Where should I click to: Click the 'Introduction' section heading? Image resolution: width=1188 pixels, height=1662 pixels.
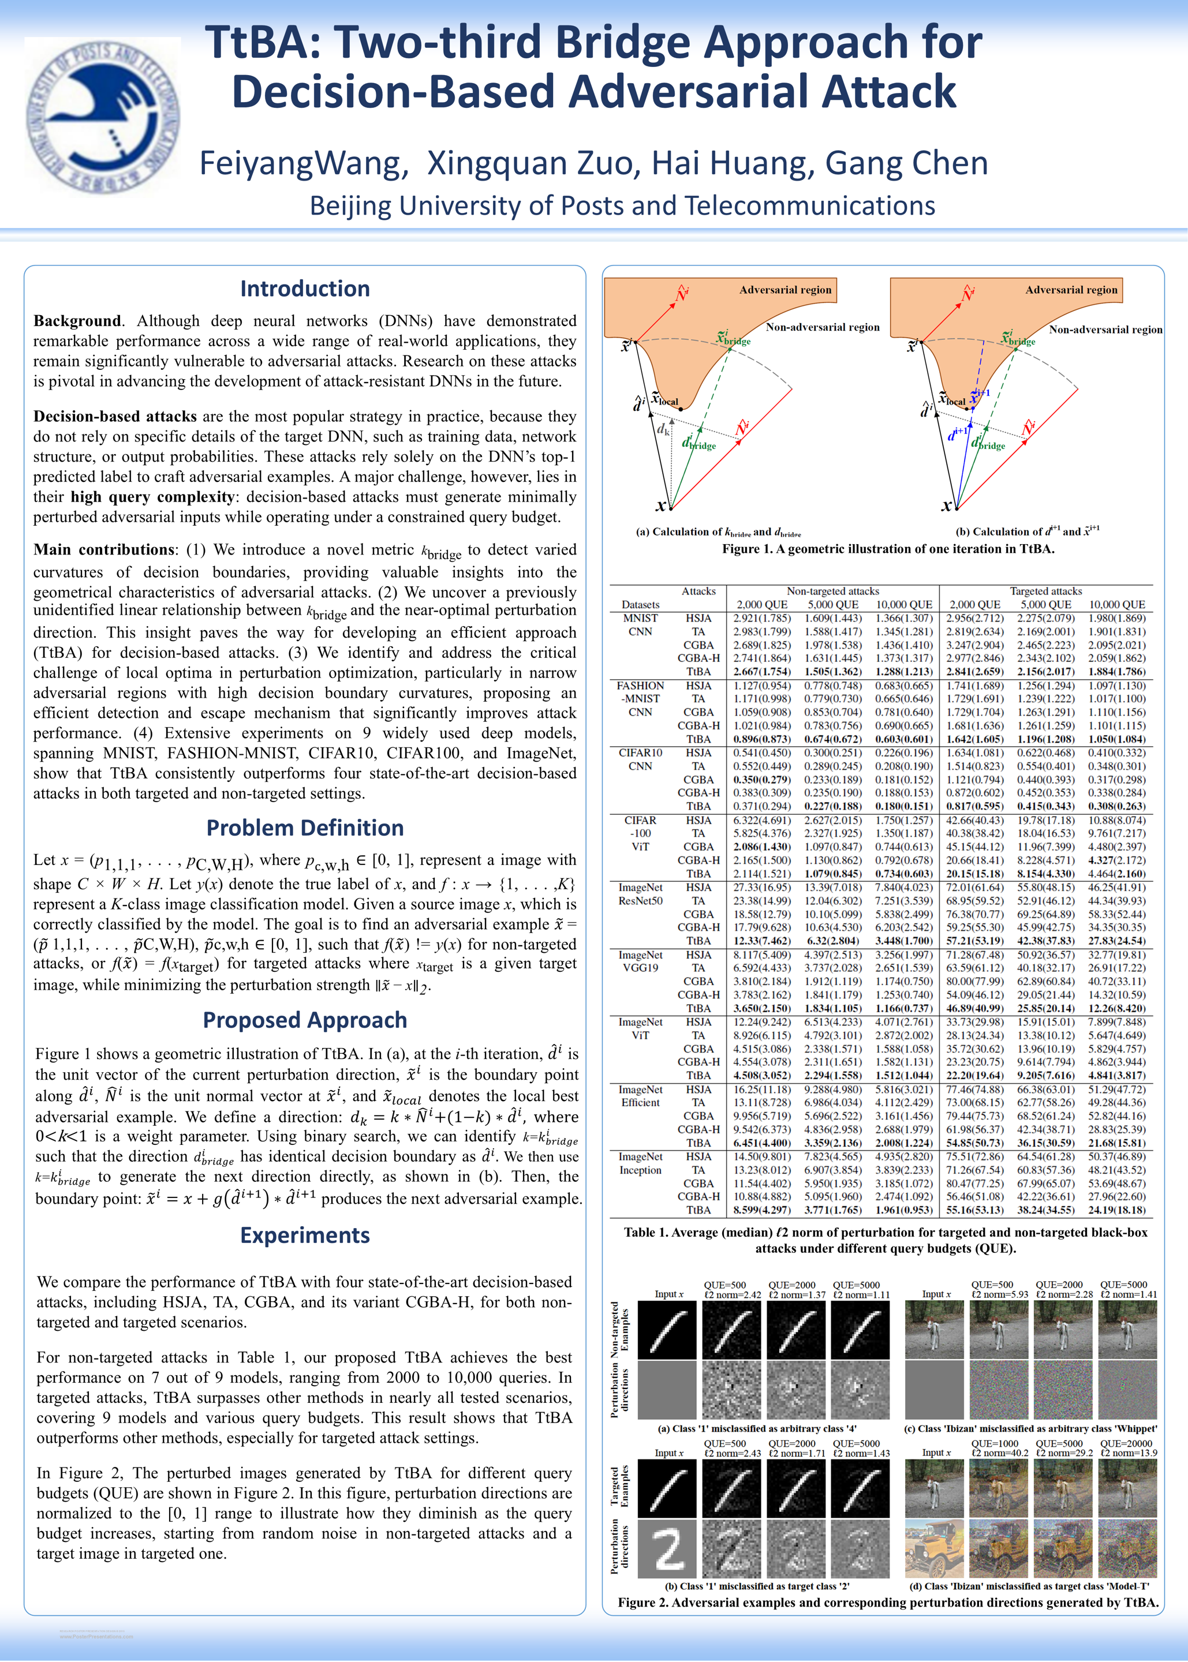[304, 289]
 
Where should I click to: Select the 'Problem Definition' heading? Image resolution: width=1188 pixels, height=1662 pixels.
[304, 828]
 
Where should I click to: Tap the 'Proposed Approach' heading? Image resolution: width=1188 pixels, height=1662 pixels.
[304, 1020]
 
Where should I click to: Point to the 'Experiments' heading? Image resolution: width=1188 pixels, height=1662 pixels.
[304, 1235]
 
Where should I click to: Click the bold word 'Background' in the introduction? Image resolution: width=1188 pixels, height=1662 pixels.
[77, 321]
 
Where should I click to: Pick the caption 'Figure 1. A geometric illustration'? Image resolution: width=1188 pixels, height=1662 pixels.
[887, 549]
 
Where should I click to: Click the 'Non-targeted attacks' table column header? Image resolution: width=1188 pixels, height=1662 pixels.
[832, 591]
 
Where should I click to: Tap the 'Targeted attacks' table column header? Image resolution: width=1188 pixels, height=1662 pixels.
[1045, 591]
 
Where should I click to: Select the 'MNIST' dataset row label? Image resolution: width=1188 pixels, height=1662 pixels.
[640, 618]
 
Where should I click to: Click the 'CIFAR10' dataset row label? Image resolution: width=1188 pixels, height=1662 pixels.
[640, 753]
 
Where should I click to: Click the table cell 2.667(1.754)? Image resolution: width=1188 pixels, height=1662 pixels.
[761, 672]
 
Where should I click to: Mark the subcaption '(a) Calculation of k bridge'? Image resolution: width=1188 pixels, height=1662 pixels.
[718, 532]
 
